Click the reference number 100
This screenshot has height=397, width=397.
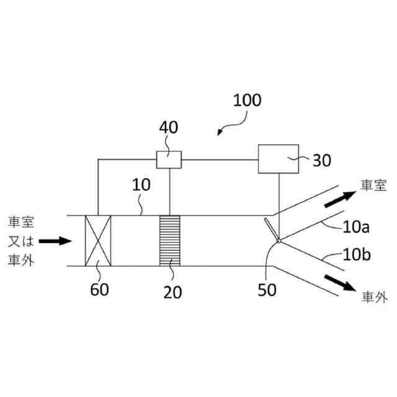(x=247, y=100)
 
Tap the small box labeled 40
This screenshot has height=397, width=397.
(x=169, y=159)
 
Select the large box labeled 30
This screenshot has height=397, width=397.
(x=278, y=159)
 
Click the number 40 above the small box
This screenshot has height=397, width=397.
(x=168, y=128)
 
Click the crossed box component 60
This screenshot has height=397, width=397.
(x=97, y=241)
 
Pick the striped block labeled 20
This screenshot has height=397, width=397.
(x=169, y=241)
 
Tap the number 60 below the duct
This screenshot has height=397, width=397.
(x=99, y=289)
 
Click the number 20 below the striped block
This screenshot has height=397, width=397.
(x=173, y=291)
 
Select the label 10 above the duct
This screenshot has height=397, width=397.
(x=141, y=184)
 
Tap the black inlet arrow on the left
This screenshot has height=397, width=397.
(x=56, y=240)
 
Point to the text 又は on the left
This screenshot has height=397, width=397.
(x=22, y=240)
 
